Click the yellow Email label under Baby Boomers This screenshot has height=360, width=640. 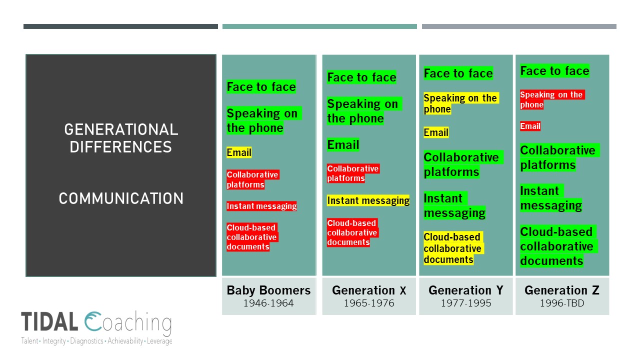coord(239,152)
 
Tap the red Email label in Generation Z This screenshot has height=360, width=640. coord(530,126)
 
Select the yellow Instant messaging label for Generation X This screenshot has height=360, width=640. coord(368,200)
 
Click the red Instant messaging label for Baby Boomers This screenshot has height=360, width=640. coord(261,206)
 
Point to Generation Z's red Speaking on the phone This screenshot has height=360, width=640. coord(552,99)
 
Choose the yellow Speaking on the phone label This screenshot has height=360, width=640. coord(461,103)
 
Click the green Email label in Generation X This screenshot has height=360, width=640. coord(343,145)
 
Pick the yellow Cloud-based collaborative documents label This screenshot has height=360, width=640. coord(453,248)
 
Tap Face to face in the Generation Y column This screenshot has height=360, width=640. coord(458,73)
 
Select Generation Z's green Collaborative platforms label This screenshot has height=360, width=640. coord(559,157)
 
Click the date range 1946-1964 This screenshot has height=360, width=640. coord(268,303)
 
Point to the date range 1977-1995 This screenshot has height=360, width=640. coord(466,303)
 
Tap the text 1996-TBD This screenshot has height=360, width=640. coord(562,303)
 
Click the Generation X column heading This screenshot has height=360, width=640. coord(369,290)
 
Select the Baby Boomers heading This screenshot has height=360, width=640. coord(268,290)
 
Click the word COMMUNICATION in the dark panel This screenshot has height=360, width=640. coord(121,198)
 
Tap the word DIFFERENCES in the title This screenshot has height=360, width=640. coord(121,147)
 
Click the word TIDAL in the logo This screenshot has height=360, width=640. coord(49,321)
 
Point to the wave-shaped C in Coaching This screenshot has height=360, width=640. coord(93,321)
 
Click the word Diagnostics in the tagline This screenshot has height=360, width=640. coord(87,341)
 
